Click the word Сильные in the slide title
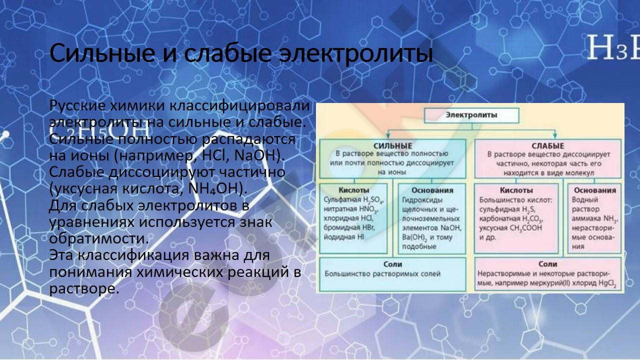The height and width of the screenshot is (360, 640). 102,53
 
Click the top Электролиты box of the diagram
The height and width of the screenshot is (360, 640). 471,115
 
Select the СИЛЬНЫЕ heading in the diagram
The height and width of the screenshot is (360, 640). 393,146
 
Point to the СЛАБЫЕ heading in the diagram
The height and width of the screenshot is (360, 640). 547,146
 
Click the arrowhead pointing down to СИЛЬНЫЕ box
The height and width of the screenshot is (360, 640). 388,135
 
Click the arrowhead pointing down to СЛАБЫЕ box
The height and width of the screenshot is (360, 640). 555,135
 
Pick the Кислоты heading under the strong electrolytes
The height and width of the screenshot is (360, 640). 353,190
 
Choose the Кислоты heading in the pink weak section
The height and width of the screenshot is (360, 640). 516,190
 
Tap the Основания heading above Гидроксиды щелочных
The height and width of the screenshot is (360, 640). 432,190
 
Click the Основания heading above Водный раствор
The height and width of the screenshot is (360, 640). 595,190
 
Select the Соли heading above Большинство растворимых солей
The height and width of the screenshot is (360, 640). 393,264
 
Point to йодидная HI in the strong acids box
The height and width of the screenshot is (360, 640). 344,237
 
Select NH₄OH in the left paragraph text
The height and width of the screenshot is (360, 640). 213,189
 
